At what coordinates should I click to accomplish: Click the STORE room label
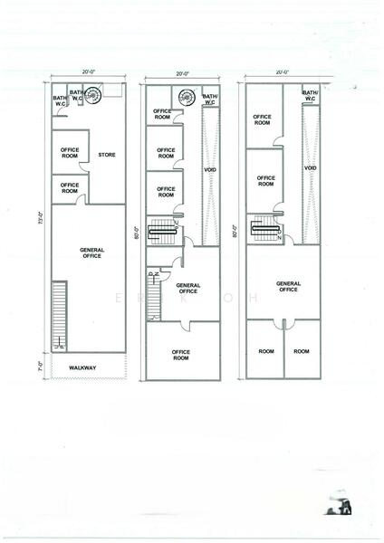point(106,154)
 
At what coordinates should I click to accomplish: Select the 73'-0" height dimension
point(40,217)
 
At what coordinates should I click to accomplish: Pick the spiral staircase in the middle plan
point(187,95)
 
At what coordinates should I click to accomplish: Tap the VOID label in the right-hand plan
point(310,167)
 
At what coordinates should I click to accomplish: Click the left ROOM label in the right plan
point(265,351)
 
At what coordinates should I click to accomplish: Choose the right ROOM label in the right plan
point(302,351)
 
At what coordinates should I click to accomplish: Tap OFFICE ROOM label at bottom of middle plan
point(181,355)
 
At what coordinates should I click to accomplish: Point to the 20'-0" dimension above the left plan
point(87,72)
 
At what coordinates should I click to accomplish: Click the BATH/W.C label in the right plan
point(311,95)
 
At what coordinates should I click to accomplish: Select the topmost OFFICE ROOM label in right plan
point(262,118)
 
